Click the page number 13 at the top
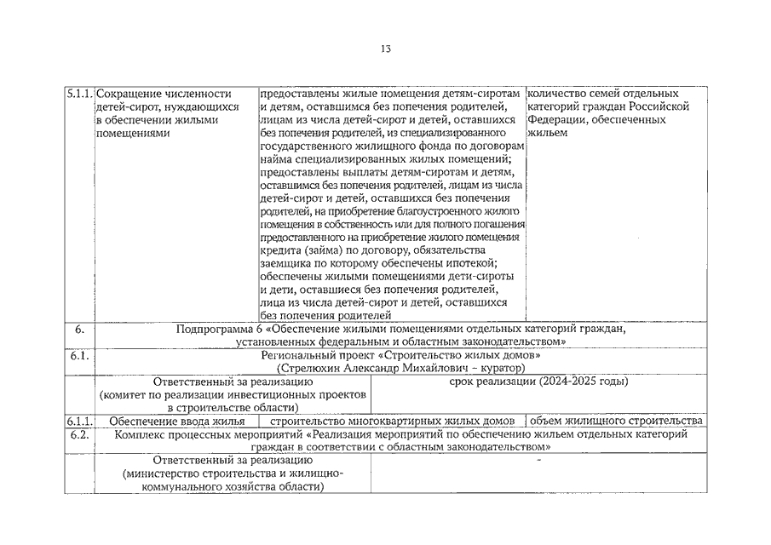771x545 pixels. pos(385,49)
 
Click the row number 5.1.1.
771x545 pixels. pos(80,93)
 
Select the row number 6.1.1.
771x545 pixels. pos(79,422)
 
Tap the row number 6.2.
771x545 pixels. pos(79,434)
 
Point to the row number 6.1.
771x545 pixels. pos(79,355)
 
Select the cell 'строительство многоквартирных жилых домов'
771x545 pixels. pos(392,422)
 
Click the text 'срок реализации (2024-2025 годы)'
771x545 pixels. pos(538,381)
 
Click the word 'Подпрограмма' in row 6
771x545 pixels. pos(213,329)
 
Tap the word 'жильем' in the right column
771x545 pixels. pos(547,133)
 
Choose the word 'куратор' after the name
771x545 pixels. pos(503,368)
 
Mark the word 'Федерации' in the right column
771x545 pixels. pos(555,120)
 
